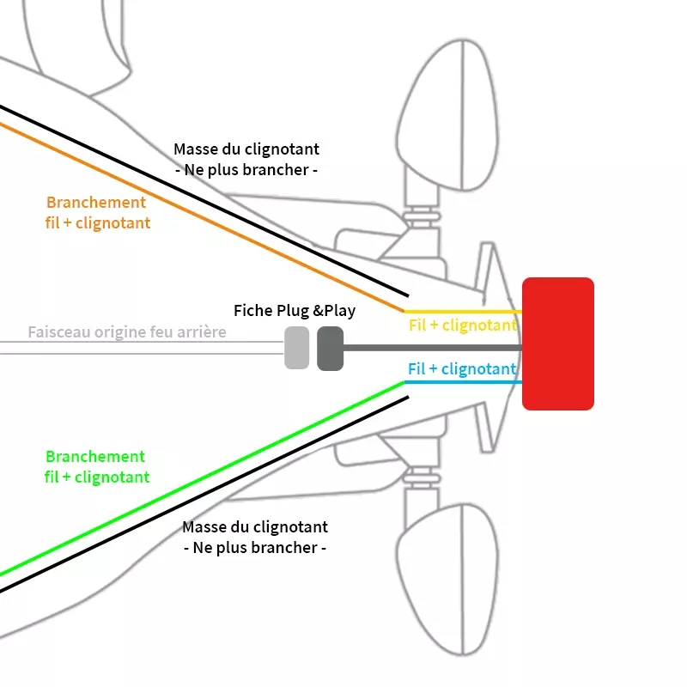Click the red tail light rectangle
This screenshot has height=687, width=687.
coord(557,344)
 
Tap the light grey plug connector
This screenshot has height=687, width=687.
coord(296,348)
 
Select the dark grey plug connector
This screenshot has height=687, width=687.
coord(331,349)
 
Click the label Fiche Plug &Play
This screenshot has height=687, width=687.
coord(295,311)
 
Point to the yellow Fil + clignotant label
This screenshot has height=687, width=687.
coord(463,325)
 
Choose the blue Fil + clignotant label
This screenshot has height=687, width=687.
coord(462,369)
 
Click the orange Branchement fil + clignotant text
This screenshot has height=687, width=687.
coord(97,212)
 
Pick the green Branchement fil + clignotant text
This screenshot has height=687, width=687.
coord(96,466)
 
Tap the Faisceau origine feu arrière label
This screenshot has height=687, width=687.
coord(127,332)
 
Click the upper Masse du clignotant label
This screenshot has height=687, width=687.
coord(246,160)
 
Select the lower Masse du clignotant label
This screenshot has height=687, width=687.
coord(255,538)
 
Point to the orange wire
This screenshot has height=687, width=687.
coord(202,218)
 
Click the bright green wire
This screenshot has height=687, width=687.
coord(202,478)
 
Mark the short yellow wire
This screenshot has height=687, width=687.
coord(463,312)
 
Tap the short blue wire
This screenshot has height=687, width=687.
coord(463,382)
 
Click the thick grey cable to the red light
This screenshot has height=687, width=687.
coord(433,348)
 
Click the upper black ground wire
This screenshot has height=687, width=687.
coord(204,201)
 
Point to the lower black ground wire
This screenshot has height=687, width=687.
coord(204,495)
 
